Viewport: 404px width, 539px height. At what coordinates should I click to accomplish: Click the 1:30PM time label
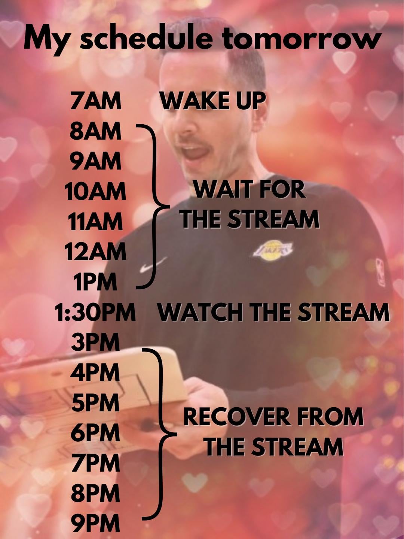coord(95,312)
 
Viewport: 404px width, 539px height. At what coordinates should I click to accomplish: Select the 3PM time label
coord(95,342)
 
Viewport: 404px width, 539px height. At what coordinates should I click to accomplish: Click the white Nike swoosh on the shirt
coord(153,265)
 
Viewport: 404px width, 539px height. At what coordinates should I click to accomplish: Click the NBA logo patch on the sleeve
coord(380,272)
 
